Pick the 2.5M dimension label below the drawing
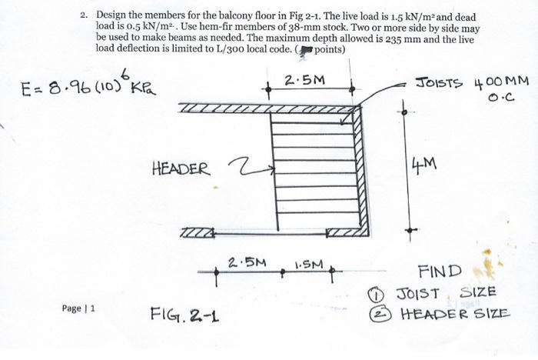(247, 262)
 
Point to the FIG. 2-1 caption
(182, 313)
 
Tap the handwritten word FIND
(440, 271)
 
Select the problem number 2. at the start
(85, 15)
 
